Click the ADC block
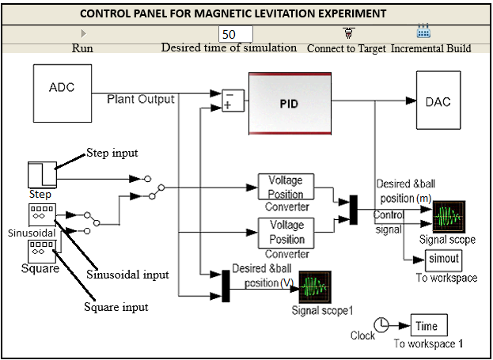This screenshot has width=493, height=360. [x=61, y=88]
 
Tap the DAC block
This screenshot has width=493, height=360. [x=438, y=100]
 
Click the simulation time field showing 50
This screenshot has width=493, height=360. [x=235, y=34]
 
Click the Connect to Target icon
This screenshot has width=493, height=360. [x=348, y=33]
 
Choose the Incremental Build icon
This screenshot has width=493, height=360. [x=423, y=32]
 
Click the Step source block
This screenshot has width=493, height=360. [x=40, y=174]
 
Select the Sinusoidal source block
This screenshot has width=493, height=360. [x=40, y=215]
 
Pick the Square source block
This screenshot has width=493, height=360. [x=40, y=252]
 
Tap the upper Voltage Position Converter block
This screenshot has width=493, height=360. [x=286, y=187]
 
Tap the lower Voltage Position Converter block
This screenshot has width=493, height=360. [x=286, y=233]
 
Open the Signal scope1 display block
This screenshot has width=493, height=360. [x=315, y=287]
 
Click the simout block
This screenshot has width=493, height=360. [x=443, y=260]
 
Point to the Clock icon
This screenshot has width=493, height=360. [x=381, y=324]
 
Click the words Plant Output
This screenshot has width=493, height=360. [x=141, y=99]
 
